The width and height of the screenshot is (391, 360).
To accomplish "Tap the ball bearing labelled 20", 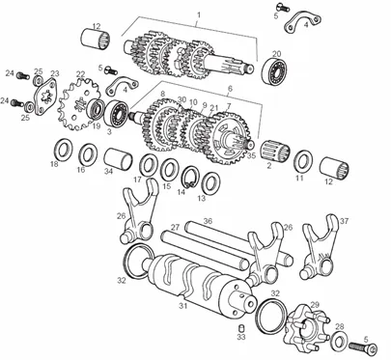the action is (x=275, y=71).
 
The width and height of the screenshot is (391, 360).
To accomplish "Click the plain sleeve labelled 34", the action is (x=119, y=158).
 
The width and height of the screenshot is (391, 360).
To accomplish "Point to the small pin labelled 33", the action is (x=241, y=328).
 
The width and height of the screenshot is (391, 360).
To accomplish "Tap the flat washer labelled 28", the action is (x=338, y=341).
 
